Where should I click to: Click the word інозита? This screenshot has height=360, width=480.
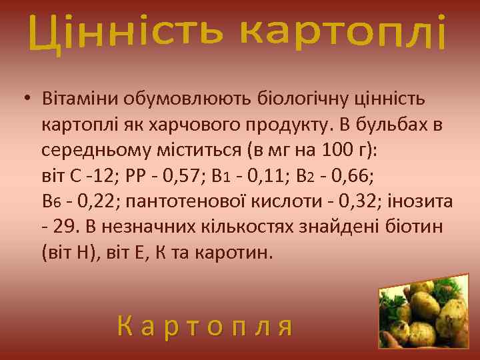click(x=424, y=201)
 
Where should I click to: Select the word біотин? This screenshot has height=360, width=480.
click(x=414, y=227)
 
